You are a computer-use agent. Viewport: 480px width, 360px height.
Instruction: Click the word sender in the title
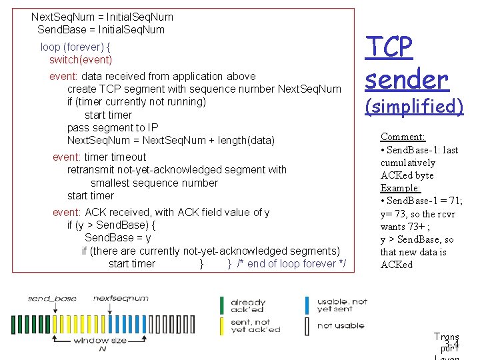pos(407,79)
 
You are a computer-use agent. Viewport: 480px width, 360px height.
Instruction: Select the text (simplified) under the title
pos(413,106)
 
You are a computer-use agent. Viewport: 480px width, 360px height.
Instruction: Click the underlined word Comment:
pos(403,137)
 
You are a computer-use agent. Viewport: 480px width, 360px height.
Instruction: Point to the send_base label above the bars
pos(52,299)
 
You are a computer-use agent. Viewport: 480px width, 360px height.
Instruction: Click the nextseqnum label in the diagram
pos(121,299)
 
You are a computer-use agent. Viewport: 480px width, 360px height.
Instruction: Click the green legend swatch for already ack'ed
pos(222,305)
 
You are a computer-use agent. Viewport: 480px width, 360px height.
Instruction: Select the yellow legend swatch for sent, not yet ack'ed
pos(222,325)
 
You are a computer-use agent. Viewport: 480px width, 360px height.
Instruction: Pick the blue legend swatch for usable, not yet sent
pos(307,305)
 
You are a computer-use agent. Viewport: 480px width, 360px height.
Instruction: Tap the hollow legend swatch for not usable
pos(307,325)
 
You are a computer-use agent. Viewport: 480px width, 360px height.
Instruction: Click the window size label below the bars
pos(100,340)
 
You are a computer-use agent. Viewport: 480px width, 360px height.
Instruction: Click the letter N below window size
pos(102,349)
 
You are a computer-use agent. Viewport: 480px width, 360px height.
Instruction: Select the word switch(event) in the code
pos(81,60)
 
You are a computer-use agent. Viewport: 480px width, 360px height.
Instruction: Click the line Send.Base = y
pos(117,238)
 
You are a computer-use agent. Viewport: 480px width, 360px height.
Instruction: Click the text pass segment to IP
pos(113,127)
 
